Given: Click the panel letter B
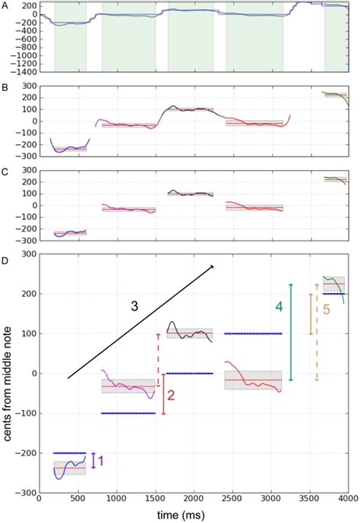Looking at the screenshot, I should [5, 88].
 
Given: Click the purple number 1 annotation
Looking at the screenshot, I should [102, 460].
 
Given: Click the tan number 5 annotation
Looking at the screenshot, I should [327, 310].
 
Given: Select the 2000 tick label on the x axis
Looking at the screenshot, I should [193, 500].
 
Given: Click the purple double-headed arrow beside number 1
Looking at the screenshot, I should [93, 460].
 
